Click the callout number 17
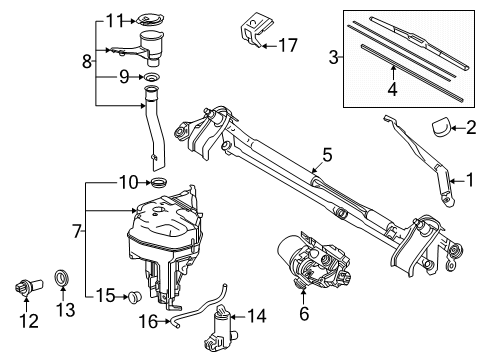[288, 44]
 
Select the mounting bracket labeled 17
[251, 29]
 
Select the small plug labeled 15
[132, 296]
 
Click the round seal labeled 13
[62, 276]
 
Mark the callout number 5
[324, 154]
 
